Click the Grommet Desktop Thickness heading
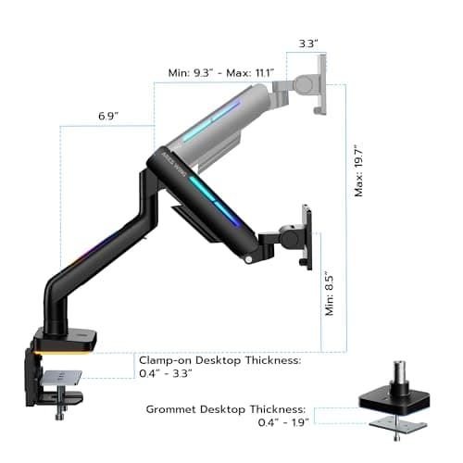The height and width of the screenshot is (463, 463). coord(225,408)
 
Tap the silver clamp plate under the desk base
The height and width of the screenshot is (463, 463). coord(61,377)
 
